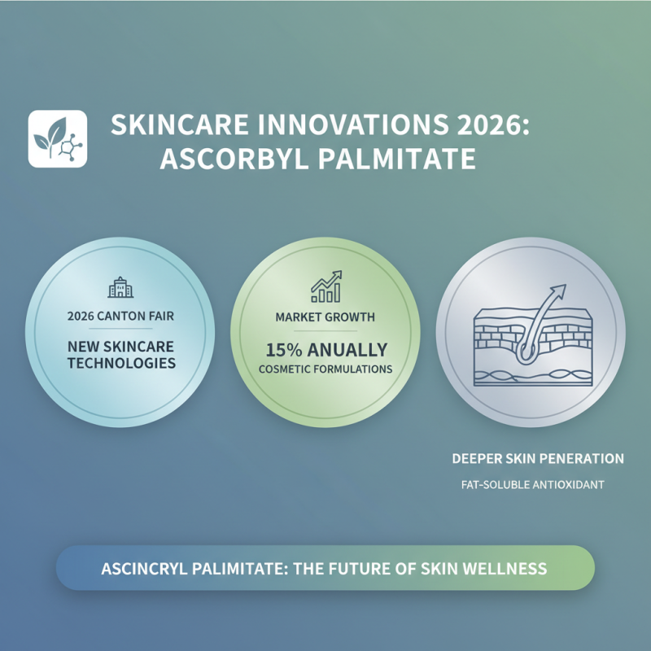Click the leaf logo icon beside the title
pyautogui.click(x=57, y=138)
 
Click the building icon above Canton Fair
pyautogui.click(x=120, y=287)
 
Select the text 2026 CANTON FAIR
pyautogui.click(x=120, y=316)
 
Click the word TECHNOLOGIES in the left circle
pyautogui.click(x=120, y=363)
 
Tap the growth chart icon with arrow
pyautogui.click(x=325, y=286)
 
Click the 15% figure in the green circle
pyautogui.click(x=283, y=350)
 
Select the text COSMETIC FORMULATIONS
pyautogui.click(x=325, y=369)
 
